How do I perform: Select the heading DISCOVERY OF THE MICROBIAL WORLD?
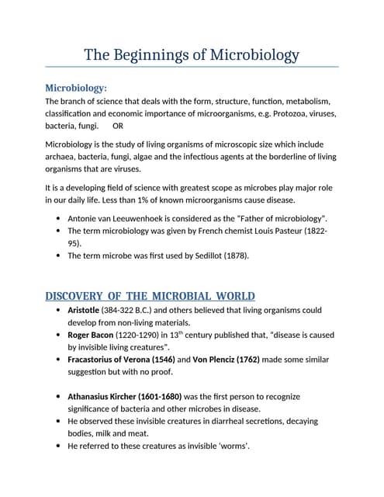click(x=150, y=297)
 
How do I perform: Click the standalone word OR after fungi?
click(x=118, y=125)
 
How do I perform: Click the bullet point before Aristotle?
click(x=60, y=310)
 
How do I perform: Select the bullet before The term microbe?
click(x=60, y=255)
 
